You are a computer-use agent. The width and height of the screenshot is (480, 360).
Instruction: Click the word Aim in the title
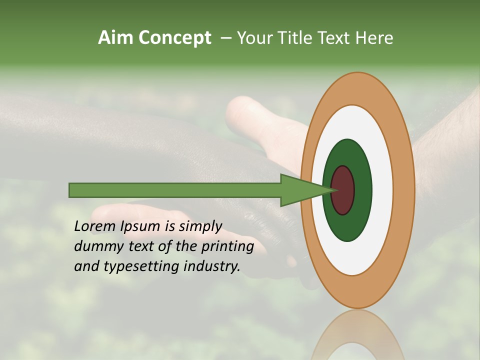pyautogui.click(x=116, y=38)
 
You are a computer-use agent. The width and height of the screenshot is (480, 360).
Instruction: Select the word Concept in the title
pyautogui.click(x=175, y=38)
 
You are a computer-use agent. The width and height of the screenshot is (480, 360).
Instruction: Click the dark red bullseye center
pyautogui.click(x=343, y=190)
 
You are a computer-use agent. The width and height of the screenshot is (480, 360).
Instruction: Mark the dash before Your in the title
pyautogui.click(x=225, y=38)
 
